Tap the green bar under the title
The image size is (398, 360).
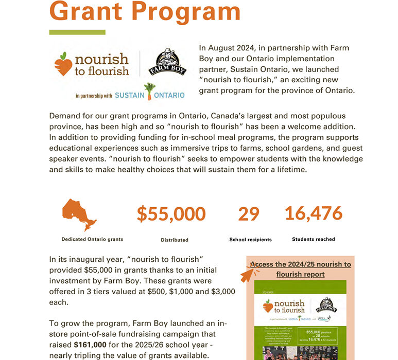point(77,32)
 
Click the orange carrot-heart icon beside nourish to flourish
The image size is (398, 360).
point(63,64)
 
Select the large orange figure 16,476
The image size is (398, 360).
point(314,213)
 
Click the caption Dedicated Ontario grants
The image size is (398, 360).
point(92,239)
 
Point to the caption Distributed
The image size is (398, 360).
point(175,240)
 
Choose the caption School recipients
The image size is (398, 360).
point(250,240)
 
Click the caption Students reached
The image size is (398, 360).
point(313,239)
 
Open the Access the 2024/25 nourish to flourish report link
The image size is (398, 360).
point(301,269)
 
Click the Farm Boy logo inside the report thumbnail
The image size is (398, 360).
point(325,305)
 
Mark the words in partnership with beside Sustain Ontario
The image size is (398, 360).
point(93,96)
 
